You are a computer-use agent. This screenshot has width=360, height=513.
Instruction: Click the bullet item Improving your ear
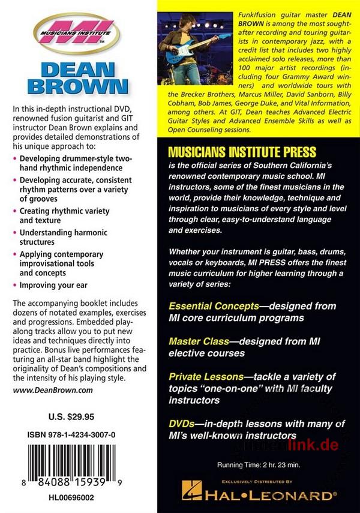click(x=55, y=286)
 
